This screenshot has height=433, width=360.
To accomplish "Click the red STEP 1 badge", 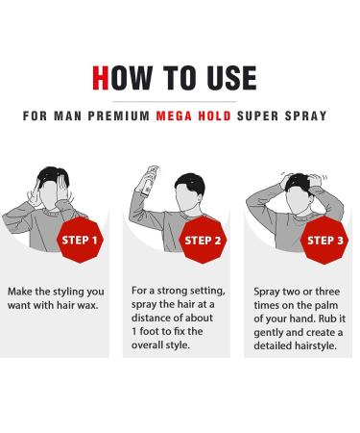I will (84, 239).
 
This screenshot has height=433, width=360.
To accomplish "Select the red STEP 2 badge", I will (203, 239).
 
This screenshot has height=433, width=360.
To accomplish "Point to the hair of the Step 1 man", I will (52, 175).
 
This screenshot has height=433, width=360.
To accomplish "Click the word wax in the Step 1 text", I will (91, 305).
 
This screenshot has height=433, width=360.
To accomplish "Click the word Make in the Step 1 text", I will (22, 290).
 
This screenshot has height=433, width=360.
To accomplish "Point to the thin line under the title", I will (180, 99).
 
